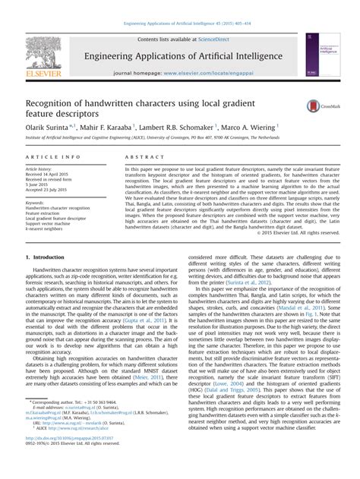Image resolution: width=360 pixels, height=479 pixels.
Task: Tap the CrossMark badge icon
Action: [x=319, y=106]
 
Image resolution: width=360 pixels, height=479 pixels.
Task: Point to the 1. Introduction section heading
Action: [x=45, y=257]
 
